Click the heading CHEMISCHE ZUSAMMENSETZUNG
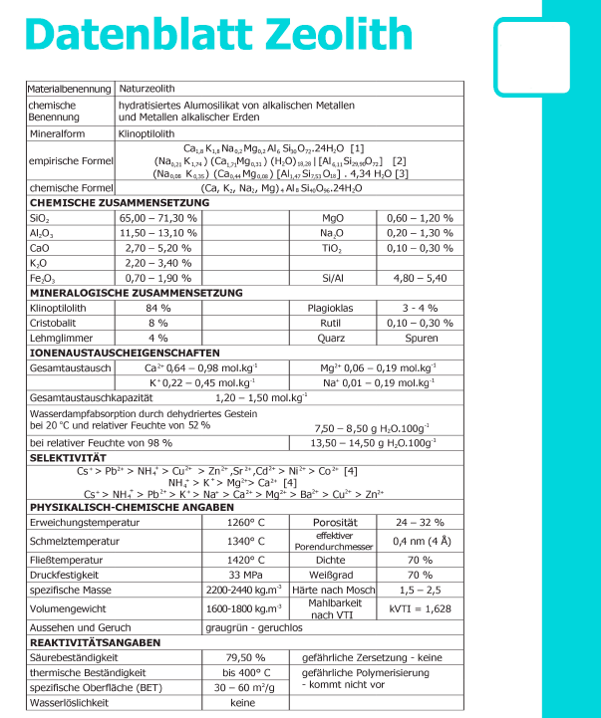119,202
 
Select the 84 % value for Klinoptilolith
158,308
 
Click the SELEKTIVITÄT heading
75,457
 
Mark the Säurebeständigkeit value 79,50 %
246,657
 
